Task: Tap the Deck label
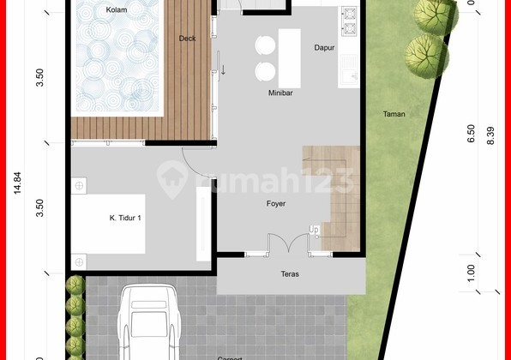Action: pos(187,39)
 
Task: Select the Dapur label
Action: pos(324,48)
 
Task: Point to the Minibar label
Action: pos(280,93)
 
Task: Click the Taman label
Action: pos(394,114)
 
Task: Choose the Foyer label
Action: pos(275,203)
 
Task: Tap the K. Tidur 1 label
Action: pos(125,218)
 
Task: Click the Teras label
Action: pos(290,275)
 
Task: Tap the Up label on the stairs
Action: pos(315,230)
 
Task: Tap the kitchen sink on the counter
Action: pos(350,70)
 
